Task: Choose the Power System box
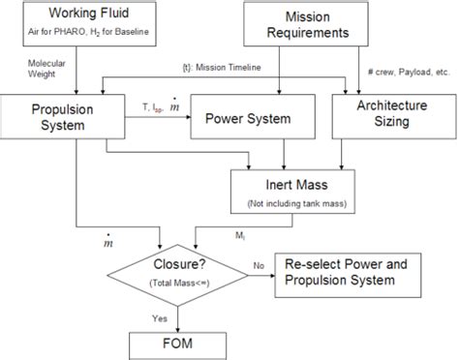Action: [242, 121]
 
